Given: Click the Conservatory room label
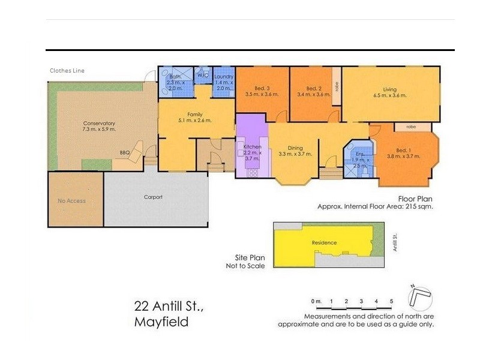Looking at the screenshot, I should [x=99, y=124].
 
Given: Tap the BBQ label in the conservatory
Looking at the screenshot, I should [x=125, y=152].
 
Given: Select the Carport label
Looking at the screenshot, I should [x=153, y=197].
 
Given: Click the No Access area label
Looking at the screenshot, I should [x=71, y=201].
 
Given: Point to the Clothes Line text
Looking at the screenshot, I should [x=67, y=71].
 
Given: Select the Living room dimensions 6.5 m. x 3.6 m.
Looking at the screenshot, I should [x=390, y=95].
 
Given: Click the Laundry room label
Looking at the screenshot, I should [x=223, y=76].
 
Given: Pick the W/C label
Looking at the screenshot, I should [x=202, y=76].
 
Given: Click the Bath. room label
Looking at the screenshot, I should [x=175, y=77].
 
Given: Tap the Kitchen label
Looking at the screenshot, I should [x=251, y=146].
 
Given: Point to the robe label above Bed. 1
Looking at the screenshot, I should [x=411, y=127].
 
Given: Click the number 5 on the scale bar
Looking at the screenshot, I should [x=391, y=301].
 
